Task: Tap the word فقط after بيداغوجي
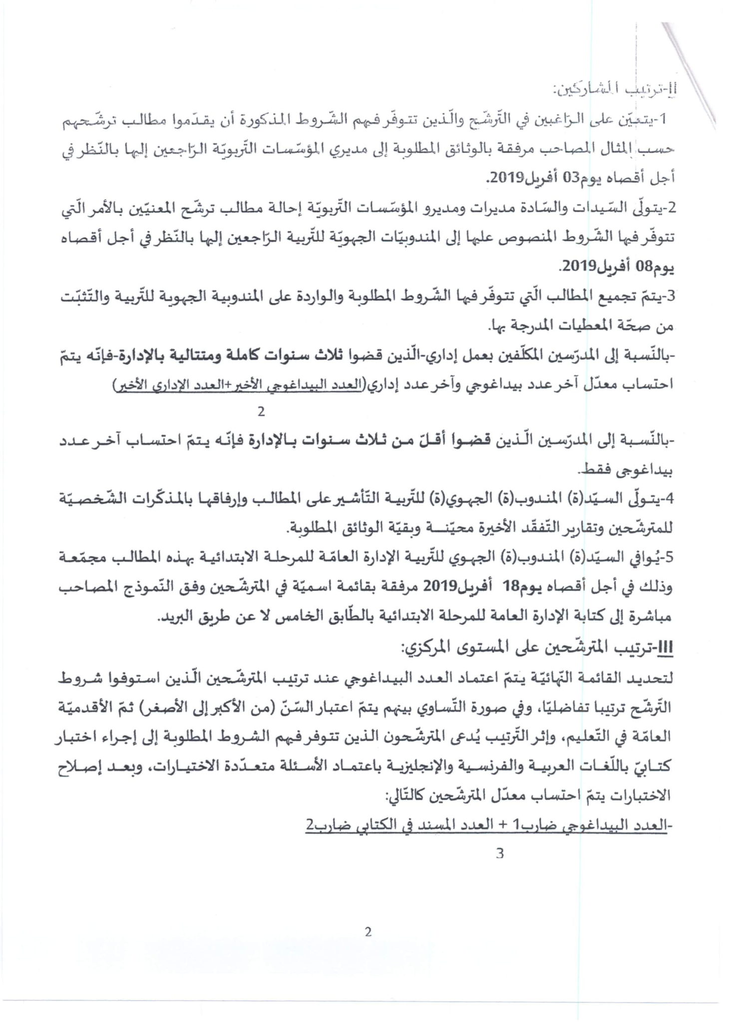pyautogui.click(x=591, y=470)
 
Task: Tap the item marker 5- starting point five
pyautogui.click(x=668, y=558)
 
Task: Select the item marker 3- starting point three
pyautogui.click(x=668, y=296)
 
